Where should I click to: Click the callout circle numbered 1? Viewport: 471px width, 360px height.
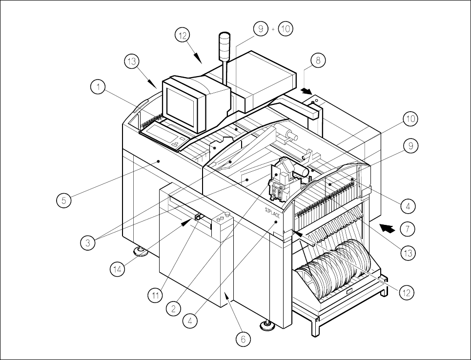(99, 88)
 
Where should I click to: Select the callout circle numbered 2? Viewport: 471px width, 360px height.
(172, 308)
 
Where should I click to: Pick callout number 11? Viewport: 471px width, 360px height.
(156, 295)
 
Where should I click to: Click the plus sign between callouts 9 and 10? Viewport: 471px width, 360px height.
(272, 30)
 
